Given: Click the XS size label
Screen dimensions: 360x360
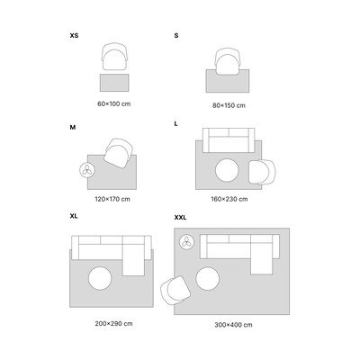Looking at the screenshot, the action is pos(74,35).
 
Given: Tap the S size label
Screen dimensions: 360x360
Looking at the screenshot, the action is pos(176,35).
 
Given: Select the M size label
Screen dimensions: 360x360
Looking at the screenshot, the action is pos(73,128).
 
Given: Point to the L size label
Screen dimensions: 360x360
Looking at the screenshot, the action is pos(176,123).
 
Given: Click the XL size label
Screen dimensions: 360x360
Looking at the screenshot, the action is pos(74,216).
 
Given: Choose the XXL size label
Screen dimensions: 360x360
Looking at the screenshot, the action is pos(180,218).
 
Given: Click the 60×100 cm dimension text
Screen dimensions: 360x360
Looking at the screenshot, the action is pos(114,104).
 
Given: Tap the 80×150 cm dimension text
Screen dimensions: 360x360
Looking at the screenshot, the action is pos(229,105).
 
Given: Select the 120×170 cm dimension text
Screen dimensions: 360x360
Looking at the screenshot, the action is pos(112,199).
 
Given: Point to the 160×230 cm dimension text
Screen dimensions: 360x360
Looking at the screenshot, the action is pos(229,199).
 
